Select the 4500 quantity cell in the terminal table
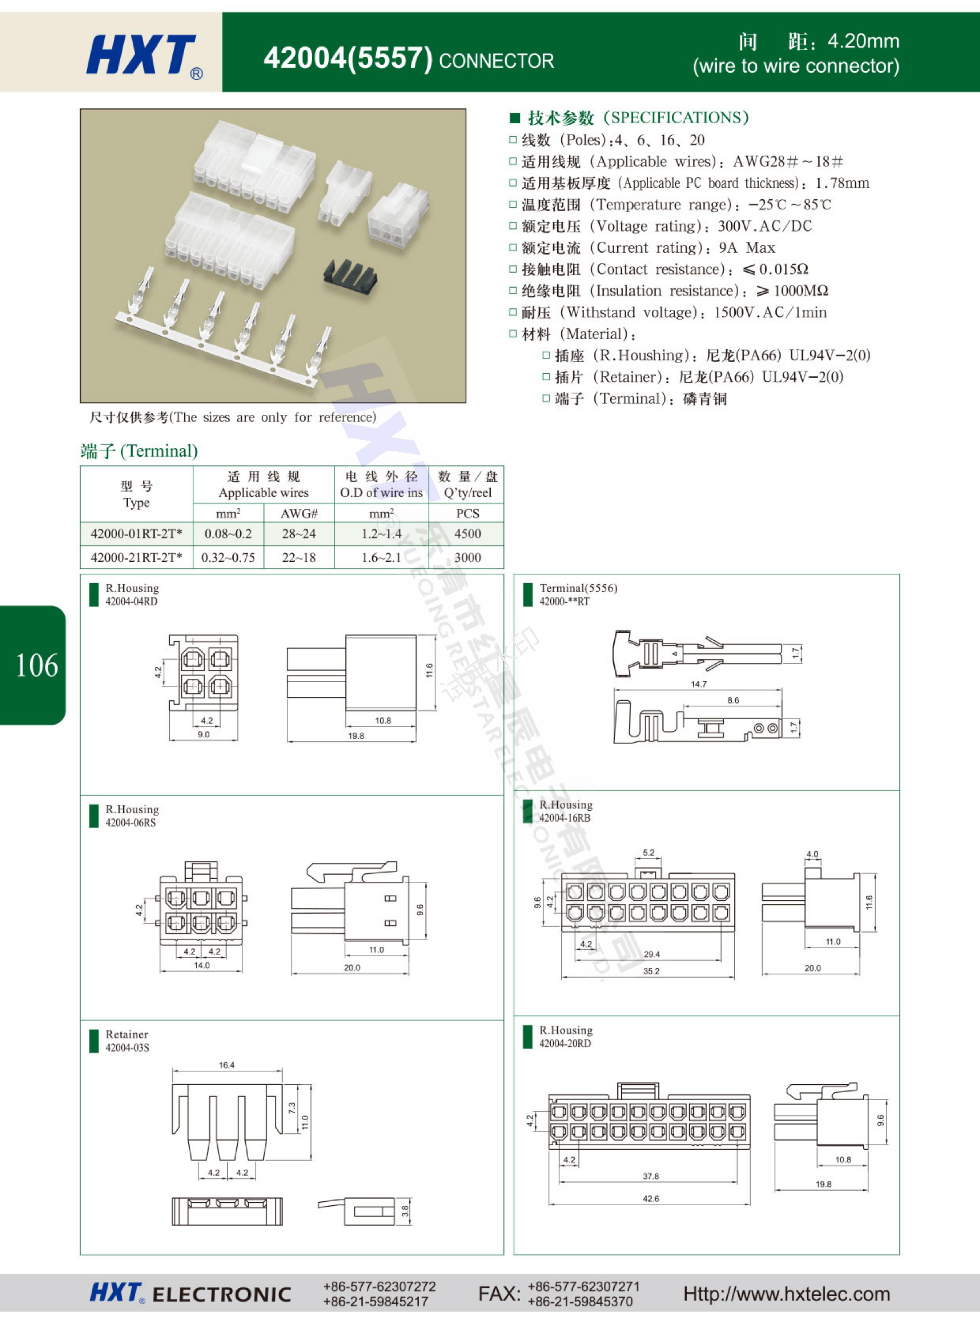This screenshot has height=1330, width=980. click(x=468, y=534)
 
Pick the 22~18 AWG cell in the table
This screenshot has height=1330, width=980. click(x=299, y=557)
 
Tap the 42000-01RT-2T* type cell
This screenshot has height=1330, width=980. click(x=136, y=534)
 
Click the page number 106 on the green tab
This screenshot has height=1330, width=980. click(x=37, y=665)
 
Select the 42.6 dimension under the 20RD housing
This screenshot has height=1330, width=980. click(x=651, y=1198)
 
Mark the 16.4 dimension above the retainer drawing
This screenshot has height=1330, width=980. click(x=227, y=1065)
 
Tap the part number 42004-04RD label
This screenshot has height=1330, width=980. click(x=132, y=601)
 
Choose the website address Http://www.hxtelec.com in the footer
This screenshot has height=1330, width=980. click(x=787, y=1294)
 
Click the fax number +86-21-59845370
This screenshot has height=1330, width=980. click(x=580, y=1302)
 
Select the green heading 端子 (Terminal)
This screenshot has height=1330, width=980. click(x=139, y=451)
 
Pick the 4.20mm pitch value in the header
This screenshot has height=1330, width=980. click(x=863, y=41)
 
